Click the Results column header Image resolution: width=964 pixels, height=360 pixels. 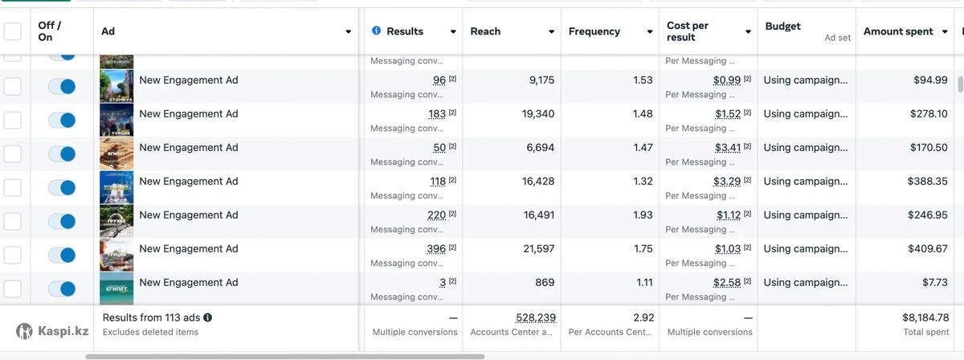(x=405, y=31)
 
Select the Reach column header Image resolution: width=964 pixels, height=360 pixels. (x=485, y=31)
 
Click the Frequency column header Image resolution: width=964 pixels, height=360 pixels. (x=594, y=31)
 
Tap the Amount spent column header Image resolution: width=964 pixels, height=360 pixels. (x=898, y=31)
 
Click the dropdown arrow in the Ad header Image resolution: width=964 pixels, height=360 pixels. (x=348, y=32)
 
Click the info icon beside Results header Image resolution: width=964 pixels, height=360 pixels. (x=376, y=31)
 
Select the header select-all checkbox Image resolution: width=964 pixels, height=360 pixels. (x=13, y=31)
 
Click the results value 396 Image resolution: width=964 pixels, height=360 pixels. (x=436, y=249)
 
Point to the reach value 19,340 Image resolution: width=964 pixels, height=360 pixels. (x=538, y=114)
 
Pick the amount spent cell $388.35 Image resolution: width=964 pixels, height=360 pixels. (x=928, y=182)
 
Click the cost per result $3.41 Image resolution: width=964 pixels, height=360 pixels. (x=728, y=148)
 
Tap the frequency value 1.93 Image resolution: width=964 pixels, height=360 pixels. (x=643, y=215)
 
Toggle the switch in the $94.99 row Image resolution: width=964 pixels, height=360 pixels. (x=62, y=86)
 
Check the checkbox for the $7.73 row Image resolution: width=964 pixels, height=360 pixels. (x=13, y=288)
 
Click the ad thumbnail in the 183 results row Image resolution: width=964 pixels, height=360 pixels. (x=116, y=120)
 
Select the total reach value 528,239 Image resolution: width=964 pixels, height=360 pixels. (x=535, y=317)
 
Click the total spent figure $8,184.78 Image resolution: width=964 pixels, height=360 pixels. (x=925, y=317)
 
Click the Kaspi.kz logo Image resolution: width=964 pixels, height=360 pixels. (x=53, y=331)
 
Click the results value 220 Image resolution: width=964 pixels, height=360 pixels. (x=436, y=215)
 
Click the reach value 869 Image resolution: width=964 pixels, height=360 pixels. (x=545, y=283)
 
